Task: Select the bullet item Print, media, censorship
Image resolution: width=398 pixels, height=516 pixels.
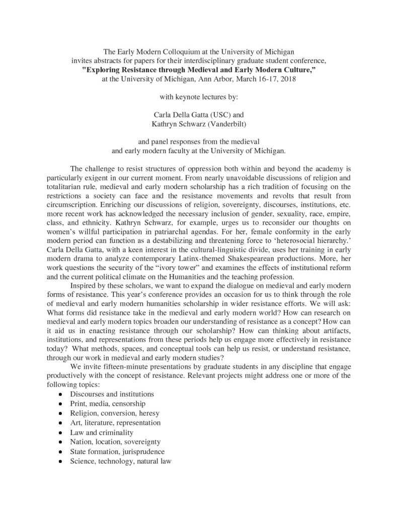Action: tap(108, 403)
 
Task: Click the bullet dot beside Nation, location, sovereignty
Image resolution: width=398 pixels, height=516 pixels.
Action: tap(60, 442)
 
